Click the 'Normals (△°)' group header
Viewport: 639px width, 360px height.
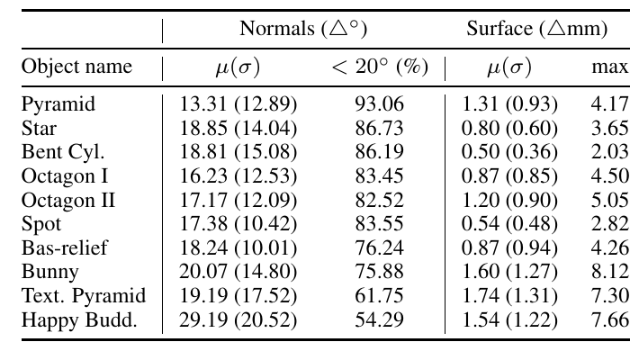coord(303,29)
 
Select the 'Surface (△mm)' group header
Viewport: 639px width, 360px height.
coord(537,29)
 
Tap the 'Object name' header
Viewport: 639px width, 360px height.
coord(76,66)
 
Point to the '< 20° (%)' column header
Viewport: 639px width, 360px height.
coord(380,67)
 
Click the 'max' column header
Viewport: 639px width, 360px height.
coord(610,67)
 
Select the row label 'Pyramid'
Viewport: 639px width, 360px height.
coord(58,104)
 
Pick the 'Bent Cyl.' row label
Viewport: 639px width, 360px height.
coord(63,152)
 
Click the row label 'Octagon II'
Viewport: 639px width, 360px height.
coord(68,200)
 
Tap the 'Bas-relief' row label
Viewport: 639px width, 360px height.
coord(65,247)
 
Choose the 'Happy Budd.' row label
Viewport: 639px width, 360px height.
coord(79,319)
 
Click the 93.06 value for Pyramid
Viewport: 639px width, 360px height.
coord(380,104)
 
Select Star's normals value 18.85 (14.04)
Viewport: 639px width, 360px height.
coord(238,128)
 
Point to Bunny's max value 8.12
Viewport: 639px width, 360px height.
coord(610,272)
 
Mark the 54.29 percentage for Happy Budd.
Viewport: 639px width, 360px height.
coord(380,319)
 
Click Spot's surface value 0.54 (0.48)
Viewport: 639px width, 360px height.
coord(509,224)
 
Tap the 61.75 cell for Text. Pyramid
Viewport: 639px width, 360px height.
coord(380,295)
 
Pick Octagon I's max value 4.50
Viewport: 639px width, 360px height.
coord(610,176)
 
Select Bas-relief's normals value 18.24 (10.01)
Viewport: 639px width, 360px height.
coord(238,247)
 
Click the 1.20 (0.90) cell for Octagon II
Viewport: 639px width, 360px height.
coord(509,200)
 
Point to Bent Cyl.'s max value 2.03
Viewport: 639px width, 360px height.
coord(610,152)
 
